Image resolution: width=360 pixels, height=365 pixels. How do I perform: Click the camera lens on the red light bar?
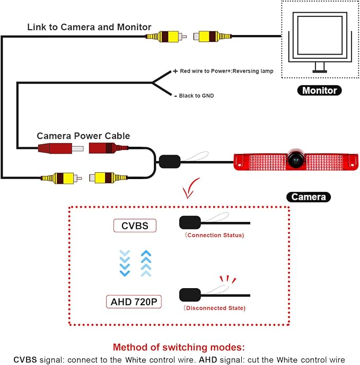[296, 159]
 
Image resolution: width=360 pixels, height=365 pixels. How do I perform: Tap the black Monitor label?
[320, 90]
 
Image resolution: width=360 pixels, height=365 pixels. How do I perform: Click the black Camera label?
[309, 197]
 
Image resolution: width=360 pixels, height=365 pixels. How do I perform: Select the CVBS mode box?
[135, 226]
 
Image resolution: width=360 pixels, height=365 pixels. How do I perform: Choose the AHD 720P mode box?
[134, 301]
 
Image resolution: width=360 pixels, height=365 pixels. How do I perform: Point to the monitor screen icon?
[320, 41]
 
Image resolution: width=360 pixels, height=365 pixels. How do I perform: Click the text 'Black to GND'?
[196, 96]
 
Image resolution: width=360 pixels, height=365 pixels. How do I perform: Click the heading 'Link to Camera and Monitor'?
[89, 27]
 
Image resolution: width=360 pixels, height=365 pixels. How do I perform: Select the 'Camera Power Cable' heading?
[83, 136]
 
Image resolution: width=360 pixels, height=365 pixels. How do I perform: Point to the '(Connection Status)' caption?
[215, 235]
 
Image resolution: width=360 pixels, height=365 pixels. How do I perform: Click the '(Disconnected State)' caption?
[215, 308]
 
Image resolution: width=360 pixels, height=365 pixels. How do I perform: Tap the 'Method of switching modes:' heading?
[179, 347]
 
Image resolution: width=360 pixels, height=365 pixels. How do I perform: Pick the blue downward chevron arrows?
[125, 263]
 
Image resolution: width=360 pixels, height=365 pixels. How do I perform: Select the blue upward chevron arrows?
[146, 263]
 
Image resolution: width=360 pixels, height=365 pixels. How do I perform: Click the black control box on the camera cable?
[170, 162]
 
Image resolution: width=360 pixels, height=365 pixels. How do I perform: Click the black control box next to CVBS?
[190, 222]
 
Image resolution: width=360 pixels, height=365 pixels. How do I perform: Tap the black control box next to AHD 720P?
[190, 295]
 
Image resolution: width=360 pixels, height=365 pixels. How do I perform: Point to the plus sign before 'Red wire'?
[175, 71]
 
